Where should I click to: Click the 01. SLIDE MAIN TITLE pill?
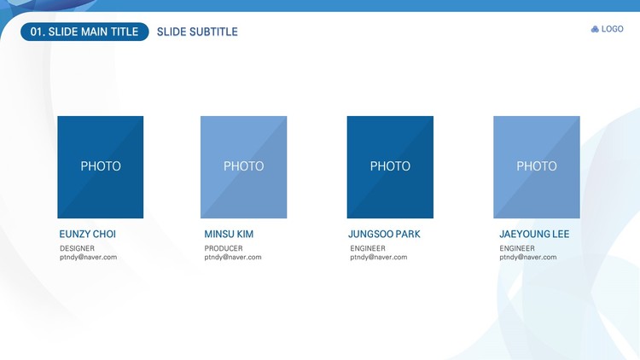[x=84, y=32]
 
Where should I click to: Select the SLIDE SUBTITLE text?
[x=197, y=32]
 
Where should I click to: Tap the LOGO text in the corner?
[x=612, y=29]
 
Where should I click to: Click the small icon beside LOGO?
[x=595, y=29]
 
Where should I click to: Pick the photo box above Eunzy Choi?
[x=101, y=167]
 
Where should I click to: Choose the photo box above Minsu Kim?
[x=244, y=167]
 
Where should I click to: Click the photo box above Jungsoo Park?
[x=390, y=167]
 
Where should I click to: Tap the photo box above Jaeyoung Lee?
[x=537, y=167]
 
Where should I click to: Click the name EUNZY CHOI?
[x=88, y=235]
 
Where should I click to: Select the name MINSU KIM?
[x=229, y=235]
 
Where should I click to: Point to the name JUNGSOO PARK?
[x=384, y=235]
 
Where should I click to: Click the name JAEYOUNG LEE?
[x=534, y=235]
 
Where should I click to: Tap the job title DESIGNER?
[x=77, y=248]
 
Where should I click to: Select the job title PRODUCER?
[x=224, y=248]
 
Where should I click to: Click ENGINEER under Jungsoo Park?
[x=368, y=248]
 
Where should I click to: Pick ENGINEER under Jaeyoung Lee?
[x=517, y=248]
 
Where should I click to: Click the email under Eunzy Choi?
[x=88, y=257]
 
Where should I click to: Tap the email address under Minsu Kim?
[x=233, y=257]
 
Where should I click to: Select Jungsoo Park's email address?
[x=379, y=257]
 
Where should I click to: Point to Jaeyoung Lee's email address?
[x=528, y=257]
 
